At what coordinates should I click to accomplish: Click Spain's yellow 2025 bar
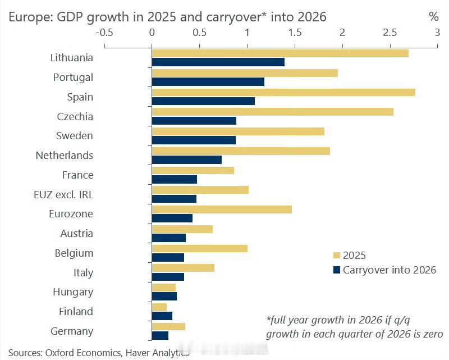tap(283, 92)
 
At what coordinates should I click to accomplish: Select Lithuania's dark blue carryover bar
tap(218, 62)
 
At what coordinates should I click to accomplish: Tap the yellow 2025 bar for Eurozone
tap(222, 209)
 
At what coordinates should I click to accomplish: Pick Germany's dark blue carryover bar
tap(160, 336)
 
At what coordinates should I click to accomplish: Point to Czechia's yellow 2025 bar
tap(272, 112)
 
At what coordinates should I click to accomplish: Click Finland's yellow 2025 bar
tap(159, 307)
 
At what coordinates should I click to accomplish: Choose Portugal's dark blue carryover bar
tap(208, 82)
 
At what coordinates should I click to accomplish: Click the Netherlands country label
tap(65, 156)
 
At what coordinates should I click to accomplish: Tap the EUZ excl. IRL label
tap(63, 194)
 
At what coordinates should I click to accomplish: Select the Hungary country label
tap(73, 292)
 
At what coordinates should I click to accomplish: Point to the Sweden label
tap(75, 136)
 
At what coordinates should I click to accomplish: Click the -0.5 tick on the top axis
tap(104, 33)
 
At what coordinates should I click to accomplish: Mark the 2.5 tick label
tap(390, 33)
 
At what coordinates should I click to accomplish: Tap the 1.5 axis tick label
tap(294, 33)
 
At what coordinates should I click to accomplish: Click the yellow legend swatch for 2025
tap(337, 255)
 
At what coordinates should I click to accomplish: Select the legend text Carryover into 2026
tap(390, 270)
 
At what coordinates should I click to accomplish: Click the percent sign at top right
tap(433, 17)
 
